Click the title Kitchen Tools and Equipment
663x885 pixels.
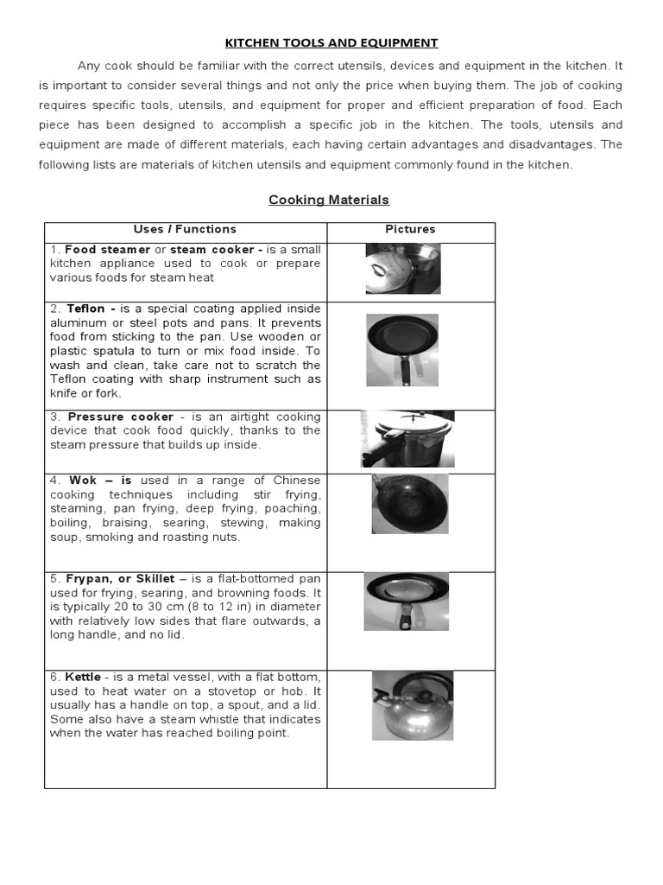pyautogui.click(x=331, y=42)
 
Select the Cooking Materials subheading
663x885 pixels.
pyautogui.click(x=329, y=200)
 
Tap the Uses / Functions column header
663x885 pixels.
pyautogui.click(x=185, y=229)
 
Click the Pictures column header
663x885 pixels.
pyautogui.click(x=410, y=229)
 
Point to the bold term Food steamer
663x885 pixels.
pyautogui.click(x=107, y=250)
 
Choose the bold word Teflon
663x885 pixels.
pyautogui.click(x=87, y=309)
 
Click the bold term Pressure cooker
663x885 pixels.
pyautogui.click(x=120, y=417)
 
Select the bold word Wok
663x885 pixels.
pyautogui.click(x=79, y=481)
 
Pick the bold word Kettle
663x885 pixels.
pyautogui.click(x=83, y=677)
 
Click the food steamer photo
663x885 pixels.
pyautogui.click(x=402, y=269)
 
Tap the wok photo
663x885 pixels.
pyautogui.click(x=410, y=504)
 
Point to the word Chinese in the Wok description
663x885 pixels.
pyautogui.click(x=299, y=481)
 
